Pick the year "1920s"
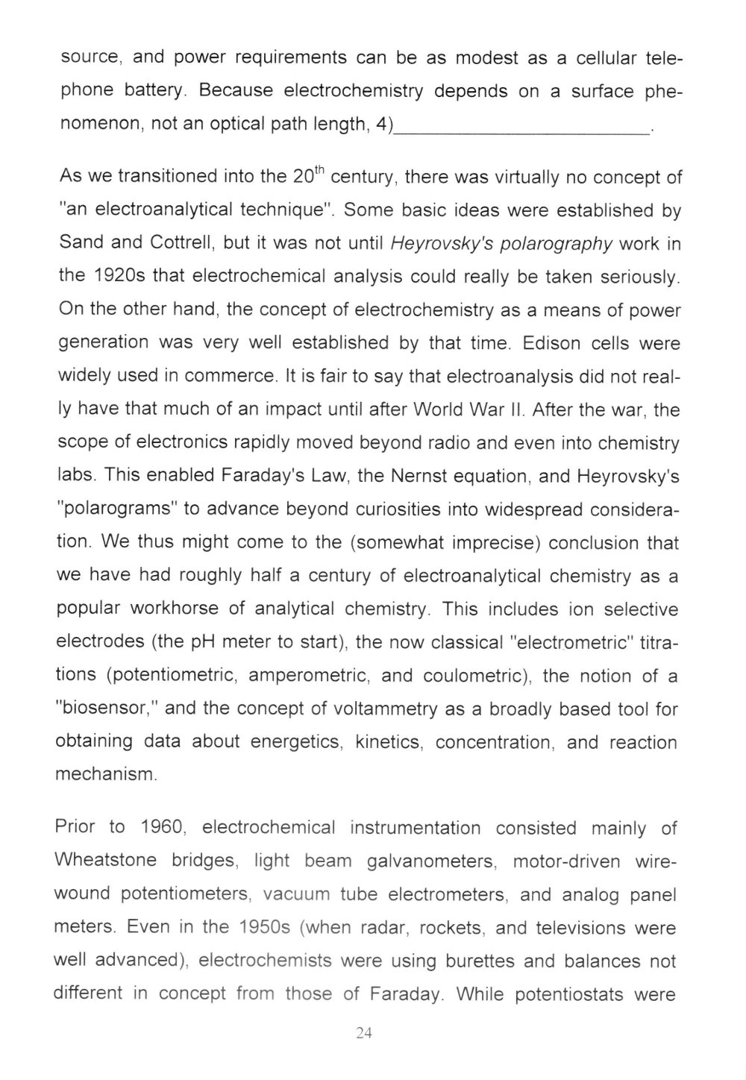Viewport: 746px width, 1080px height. coord(119,277)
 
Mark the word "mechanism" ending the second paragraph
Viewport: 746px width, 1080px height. coord(105,774)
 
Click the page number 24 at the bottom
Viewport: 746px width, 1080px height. coord(364,1032)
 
